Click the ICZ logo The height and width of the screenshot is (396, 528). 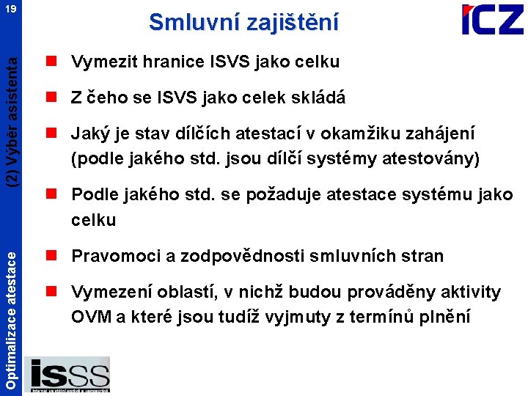tap(492, 20)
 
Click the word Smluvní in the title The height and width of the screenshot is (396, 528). tap(187, 22)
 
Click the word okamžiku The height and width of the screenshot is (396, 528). tap(374, 134)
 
